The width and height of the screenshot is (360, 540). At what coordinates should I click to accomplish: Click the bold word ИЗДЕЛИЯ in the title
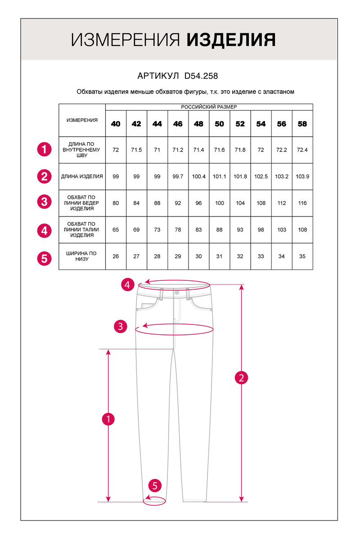click(x=231, y=40)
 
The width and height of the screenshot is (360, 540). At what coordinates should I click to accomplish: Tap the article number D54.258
click(x=201, y=76)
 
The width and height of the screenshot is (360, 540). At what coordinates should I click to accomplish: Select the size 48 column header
click(x=198, y=124)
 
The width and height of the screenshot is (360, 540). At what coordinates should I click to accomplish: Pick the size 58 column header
click(x=302, y=124)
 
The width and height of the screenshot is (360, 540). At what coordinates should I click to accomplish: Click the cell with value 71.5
click(x=136, y=150)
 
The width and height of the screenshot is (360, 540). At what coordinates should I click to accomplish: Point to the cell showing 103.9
click(x=302, y=176)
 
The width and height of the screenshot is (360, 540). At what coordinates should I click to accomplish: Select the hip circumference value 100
click(x=219, y=203)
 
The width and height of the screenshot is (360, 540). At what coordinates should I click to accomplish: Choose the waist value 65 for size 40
click(x=116, y=229)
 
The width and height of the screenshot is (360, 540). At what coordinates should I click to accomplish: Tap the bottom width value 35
click(x=302, y=256)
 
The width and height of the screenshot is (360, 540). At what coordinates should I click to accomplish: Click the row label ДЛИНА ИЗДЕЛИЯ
click(x=82, y=176)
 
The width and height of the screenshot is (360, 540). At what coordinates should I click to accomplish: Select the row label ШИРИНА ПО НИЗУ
click(x=82, y=256)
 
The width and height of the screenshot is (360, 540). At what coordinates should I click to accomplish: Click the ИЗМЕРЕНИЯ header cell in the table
click(x=82, y=120)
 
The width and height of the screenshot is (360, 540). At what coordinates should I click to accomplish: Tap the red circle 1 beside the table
click(x=44, y=149)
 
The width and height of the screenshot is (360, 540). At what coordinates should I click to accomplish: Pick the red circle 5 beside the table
click(x=44, y=258)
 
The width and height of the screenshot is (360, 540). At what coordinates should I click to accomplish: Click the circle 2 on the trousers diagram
click(x=242, y=378)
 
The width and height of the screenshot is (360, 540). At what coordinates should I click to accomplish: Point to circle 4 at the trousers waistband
click(x=128, y=284)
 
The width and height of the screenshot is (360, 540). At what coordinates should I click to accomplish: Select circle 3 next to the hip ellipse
click(x=120, y=326)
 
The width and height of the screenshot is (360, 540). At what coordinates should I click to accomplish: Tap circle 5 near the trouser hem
click(x=155, y=486)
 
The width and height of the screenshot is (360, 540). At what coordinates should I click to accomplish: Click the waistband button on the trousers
click(x=177, y=293)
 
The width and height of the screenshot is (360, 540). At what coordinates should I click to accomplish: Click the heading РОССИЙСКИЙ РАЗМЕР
click(x=209, y=107)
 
